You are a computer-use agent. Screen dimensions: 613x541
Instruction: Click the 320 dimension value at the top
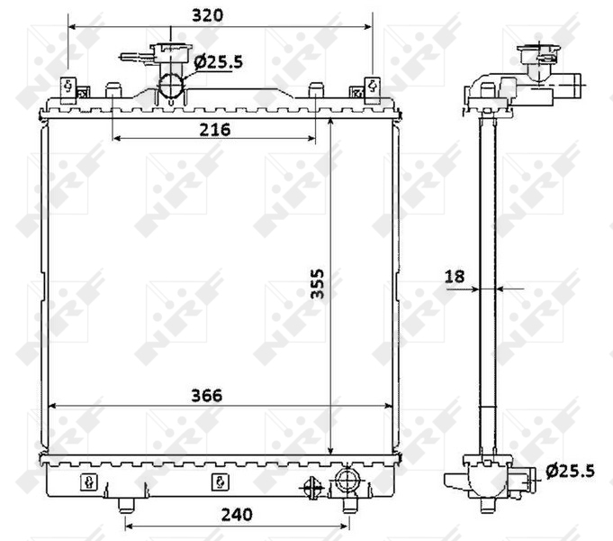[x=208, y=15]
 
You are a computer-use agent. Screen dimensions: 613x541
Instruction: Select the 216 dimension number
[x=215, y=130]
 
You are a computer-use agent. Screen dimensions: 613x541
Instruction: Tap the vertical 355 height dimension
[x=317, y=284]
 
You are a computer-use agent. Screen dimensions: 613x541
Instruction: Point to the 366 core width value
[x=207, y=395]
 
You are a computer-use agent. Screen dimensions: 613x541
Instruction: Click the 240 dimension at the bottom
[x=237, y=515]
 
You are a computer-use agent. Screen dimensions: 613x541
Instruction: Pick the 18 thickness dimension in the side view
[x=455, y=277]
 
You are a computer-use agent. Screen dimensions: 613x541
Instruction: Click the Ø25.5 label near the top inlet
[x=219, y=62]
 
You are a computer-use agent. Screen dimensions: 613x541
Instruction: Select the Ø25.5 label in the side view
[x=571, y=471]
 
